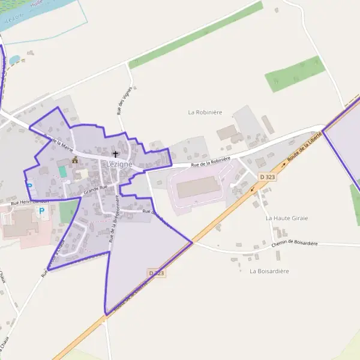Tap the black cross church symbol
(115, 154)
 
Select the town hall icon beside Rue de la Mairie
(75, 160)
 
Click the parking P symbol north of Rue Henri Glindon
(28, 186)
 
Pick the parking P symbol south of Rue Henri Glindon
(41, 211)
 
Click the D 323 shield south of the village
(156, 273)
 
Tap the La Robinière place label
(205, 112)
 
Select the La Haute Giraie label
(286, 218)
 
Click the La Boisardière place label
(269, 271)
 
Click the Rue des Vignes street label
(124, 100)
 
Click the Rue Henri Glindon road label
(29, 202)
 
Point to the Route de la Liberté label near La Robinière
(304, 148)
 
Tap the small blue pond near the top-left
(14, 60)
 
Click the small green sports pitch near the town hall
(63, 172)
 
